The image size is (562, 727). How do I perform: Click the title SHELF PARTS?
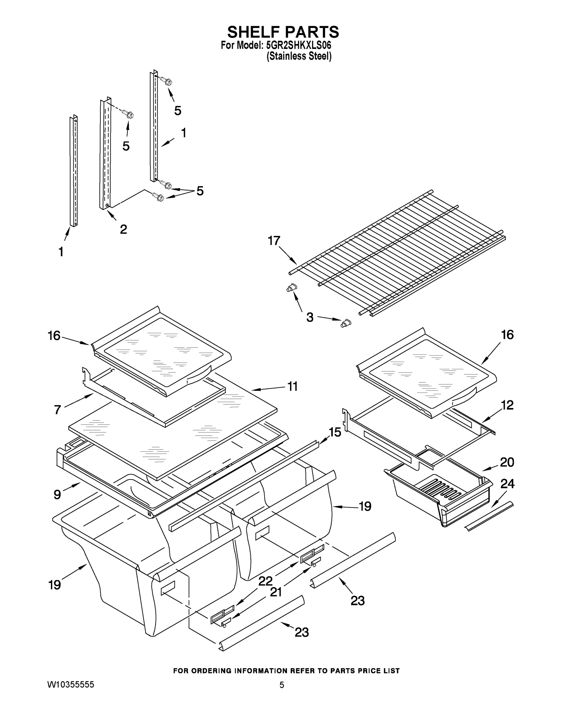(x=283, y=32)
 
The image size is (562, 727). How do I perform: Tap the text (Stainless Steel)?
(x=299, y=56)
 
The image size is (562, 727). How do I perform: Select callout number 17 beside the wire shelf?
(x=274, y=241)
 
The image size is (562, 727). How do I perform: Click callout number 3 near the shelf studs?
(x=310, y=317)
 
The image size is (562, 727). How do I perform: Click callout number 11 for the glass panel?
(x=292, y=387)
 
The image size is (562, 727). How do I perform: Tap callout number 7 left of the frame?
(x=57, y=410)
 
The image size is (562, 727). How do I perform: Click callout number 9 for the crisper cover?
(x=57, y=495)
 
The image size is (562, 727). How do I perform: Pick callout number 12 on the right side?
(x=507, y=405)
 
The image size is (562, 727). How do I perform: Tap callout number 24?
(x=507, y=484)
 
